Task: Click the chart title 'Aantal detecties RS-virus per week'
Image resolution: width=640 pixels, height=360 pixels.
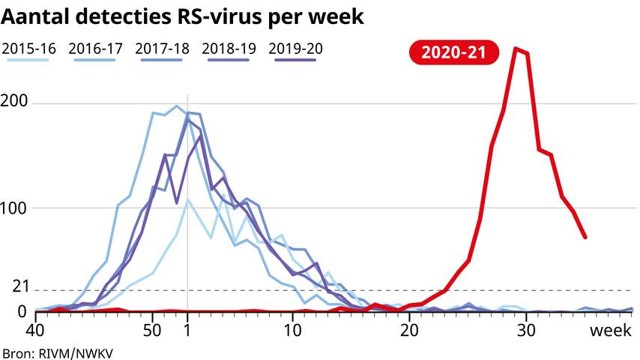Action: [183, 17]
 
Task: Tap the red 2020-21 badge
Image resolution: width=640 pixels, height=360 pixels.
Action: [453, 52]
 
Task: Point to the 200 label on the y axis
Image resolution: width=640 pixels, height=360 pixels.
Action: [18, 102]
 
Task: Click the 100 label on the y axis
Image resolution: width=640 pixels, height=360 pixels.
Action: [18, 207]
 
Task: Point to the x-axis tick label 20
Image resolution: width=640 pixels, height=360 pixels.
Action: [409, 330]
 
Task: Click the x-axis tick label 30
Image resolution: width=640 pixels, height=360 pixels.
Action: [526, 330]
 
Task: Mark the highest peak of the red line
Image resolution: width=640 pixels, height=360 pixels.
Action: [516, 49]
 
